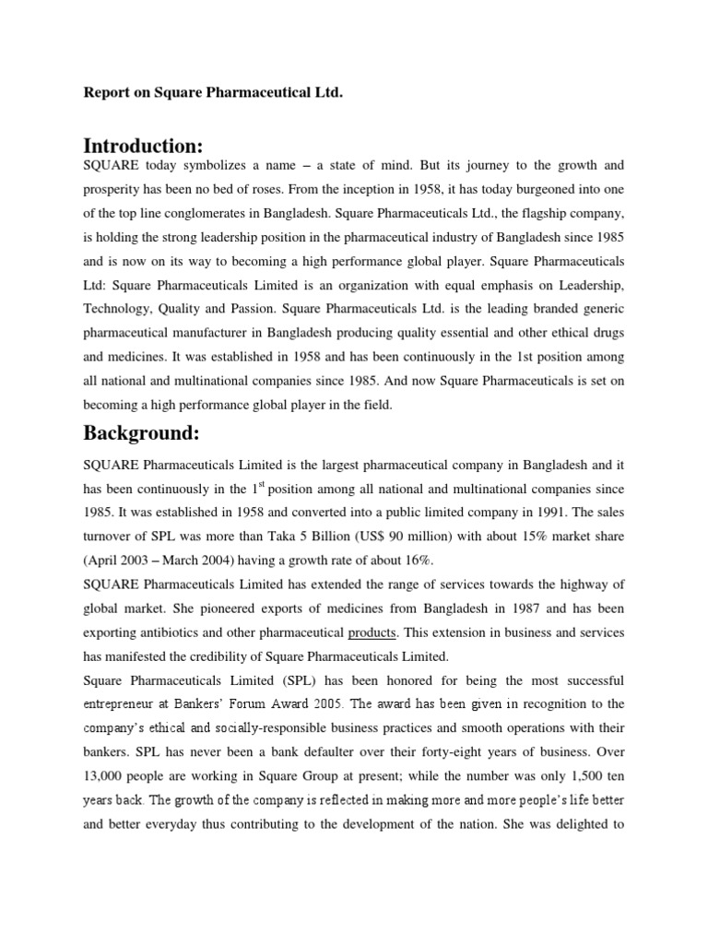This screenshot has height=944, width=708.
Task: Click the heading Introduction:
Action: point(143,145)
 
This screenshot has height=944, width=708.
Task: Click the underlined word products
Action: point(373,632)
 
